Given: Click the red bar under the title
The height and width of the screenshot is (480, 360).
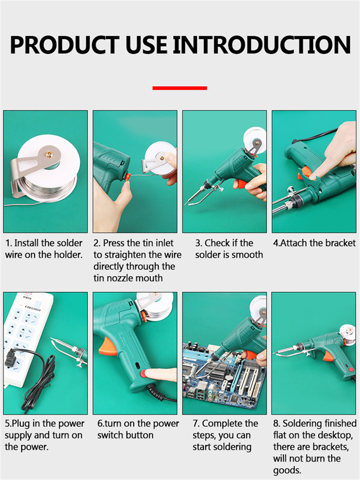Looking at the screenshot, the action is coord(180,88).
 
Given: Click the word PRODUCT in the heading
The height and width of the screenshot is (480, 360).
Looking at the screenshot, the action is coord(65,45).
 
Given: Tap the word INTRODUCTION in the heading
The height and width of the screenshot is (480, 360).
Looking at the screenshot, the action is coord(262,45).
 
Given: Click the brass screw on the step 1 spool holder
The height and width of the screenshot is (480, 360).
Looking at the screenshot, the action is coord(49,155).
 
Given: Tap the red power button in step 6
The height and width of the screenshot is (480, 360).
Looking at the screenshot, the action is coord(144,373).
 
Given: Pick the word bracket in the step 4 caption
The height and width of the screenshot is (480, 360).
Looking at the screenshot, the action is coord(340,243).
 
